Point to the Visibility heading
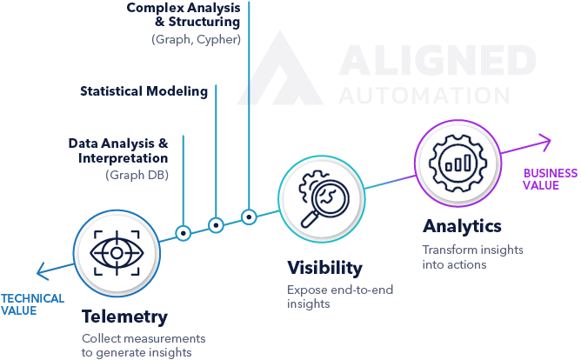click(x=324, y=268)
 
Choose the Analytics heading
click(x=462, y=227)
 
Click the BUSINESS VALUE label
click(x=549, y=179)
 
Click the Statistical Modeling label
click(x=144, y=91)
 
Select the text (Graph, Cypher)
click(x=196, y=40)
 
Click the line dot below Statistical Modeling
click(x=215, y=224)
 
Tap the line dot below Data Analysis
click(x=183, y=234)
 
